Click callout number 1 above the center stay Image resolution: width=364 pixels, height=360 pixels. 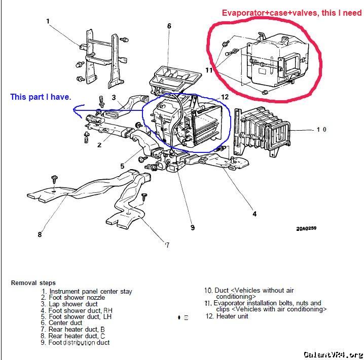point(48,21)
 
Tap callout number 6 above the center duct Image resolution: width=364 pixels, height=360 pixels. point(169,26)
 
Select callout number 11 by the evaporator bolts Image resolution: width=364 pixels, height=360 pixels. point(209,70)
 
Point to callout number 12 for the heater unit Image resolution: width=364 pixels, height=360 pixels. point(225,96)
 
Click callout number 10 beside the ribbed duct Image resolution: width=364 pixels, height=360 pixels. point(321,130)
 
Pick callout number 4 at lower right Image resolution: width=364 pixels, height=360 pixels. point(254,214)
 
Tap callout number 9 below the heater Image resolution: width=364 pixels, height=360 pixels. point(192,228)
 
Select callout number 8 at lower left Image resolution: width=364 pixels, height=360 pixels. point(40,234)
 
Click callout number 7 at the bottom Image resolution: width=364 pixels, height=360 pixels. point(167,245)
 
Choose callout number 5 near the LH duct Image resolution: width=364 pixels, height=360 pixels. point(122,166)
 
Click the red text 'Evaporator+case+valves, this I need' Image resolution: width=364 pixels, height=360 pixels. point(292,13)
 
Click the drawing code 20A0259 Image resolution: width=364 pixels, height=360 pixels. point(306,228)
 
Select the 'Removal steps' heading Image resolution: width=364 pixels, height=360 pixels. point(33,283)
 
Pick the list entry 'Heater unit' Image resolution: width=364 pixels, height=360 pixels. point(233,316)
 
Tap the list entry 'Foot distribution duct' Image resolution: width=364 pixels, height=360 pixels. point(79,343)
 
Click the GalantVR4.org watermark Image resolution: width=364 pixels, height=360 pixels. point(333,354)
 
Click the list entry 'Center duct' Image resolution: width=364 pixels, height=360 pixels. point(65,323)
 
